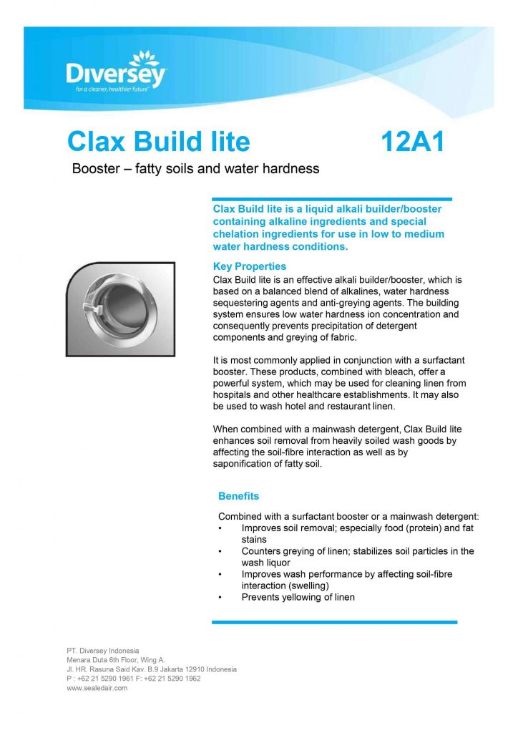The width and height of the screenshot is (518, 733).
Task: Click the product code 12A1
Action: click(x=413, y=142)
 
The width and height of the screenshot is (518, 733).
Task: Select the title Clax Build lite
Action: click(x=158, y=142)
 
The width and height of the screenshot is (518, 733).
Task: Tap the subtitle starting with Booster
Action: click(x=195, y=169)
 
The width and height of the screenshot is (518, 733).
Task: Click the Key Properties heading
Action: click(x=250, y=266)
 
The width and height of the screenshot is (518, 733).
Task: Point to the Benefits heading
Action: click(x=238, y=496)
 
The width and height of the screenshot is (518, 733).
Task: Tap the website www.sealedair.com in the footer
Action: click(x=97, y=688)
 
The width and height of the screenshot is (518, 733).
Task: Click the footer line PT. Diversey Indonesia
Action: click(x=103, y=650)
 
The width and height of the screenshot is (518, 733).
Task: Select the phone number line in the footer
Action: click(x=133, y=679)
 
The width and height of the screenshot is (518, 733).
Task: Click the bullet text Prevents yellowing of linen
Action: click(x=298, y=597)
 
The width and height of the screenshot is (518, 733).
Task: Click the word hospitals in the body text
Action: click(x=233, y=395)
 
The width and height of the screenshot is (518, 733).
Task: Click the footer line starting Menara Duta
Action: click(x=116, y=659)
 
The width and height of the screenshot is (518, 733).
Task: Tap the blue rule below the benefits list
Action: click(x=334, y=622)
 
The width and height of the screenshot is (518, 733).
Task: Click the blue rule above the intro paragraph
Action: click(x=332, y=199)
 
